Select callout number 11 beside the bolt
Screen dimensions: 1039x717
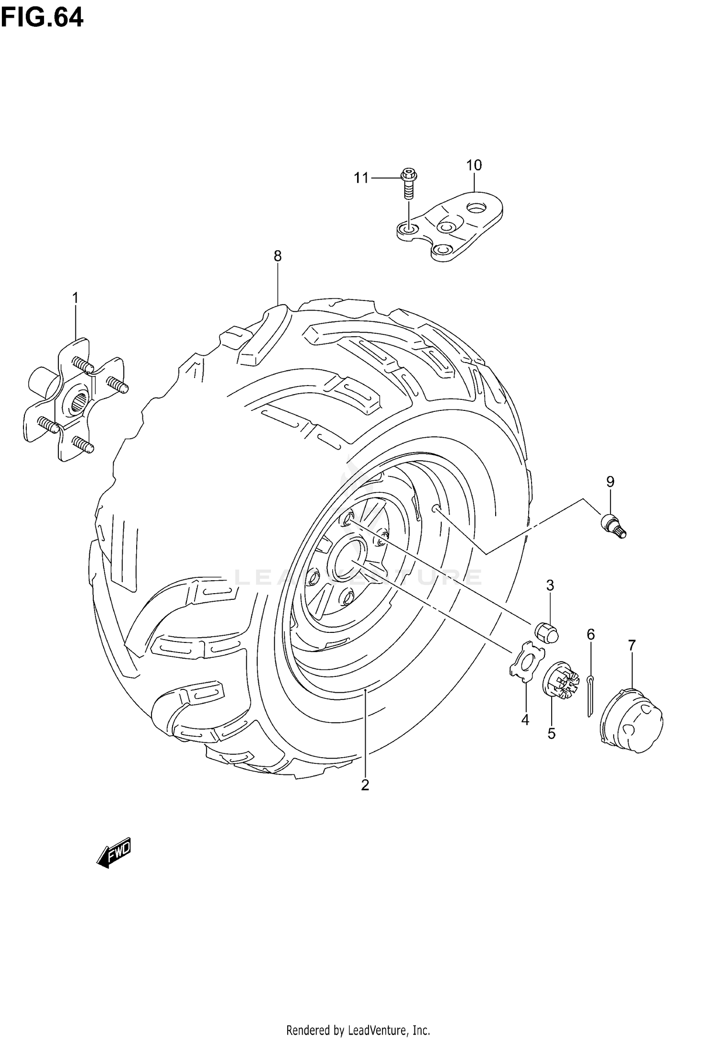pyautogui.click(x=361, y=178)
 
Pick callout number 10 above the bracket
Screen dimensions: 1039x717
pyautogui.click(x=474, y=166)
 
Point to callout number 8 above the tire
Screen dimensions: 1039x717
pyautogui.click(x=278, y=256)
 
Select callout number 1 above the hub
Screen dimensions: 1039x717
pyautogui.click(x=75, y=298)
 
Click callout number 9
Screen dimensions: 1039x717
pyautogui.click(x=610, y=482)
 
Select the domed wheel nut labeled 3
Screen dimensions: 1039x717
pyautogui.click(x=546, y=632)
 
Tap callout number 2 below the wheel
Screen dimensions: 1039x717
pyautogui.click(x=365, y=785)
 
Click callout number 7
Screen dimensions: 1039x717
pyautogui.click(x=632, y=645)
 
